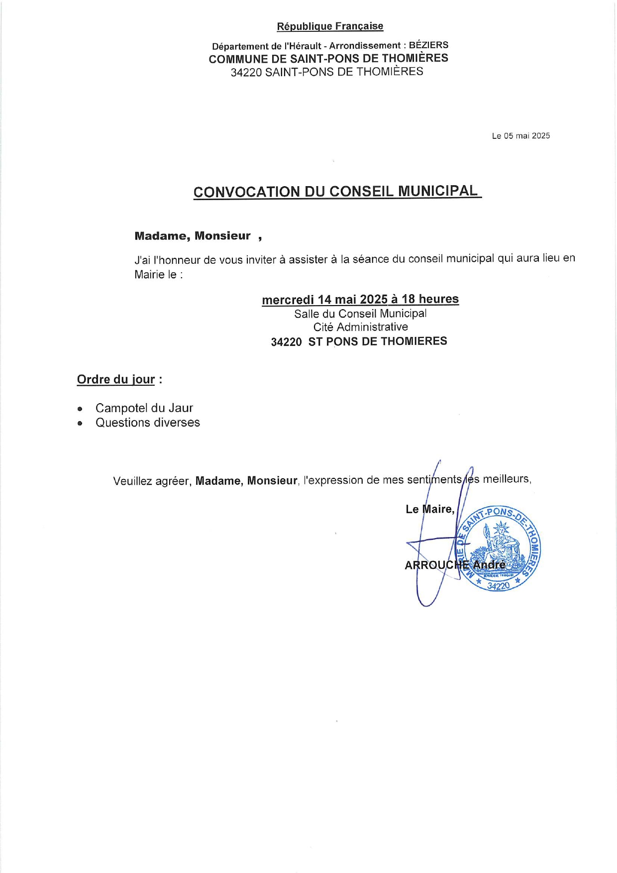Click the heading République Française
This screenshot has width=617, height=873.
tap(330, 26)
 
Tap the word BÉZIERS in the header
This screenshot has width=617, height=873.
tap(428, 45)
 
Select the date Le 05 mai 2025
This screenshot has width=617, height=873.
tap(520, 136)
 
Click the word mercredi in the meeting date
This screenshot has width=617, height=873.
tap(288, 300)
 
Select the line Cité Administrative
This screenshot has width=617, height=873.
tap(360, 327)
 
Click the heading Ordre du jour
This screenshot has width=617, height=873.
tap(116, 379)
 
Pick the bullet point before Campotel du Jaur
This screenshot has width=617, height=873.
tap(80, 409)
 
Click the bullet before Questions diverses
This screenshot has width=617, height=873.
tap(80, 424)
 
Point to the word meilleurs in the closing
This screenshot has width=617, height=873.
tap(507, 479)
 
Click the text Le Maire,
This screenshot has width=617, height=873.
tap(430, 509)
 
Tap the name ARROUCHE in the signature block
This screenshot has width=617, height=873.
tap(436, 565)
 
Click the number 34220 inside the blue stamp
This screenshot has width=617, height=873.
tap(498, 586)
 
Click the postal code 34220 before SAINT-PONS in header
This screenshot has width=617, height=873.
tap(246, 72)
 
